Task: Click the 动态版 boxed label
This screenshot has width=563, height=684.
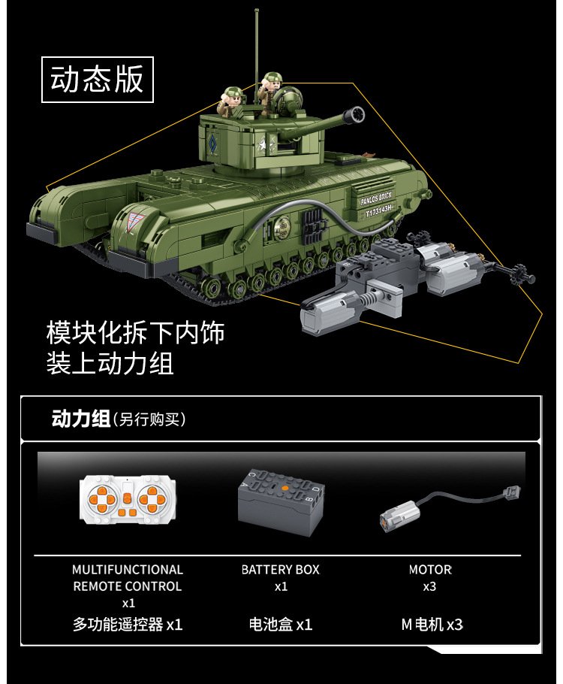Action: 97,80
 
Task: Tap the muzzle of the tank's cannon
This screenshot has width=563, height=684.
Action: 354,115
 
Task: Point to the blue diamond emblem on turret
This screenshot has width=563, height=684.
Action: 212,141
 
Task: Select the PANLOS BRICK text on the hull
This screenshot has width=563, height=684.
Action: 376,198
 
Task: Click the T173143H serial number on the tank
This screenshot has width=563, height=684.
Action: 379,210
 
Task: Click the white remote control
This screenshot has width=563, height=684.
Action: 128,498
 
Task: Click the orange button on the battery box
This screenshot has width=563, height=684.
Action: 285,489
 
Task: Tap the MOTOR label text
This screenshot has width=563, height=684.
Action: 430,570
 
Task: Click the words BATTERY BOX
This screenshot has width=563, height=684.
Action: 281,570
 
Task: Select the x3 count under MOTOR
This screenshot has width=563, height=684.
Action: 429,587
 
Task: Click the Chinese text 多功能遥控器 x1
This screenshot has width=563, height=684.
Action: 128,625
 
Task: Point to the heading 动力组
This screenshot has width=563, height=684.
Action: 80,419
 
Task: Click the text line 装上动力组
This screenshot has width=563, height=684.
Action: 110,363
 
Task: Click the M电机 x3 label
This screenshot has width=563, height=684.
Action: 432,625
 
